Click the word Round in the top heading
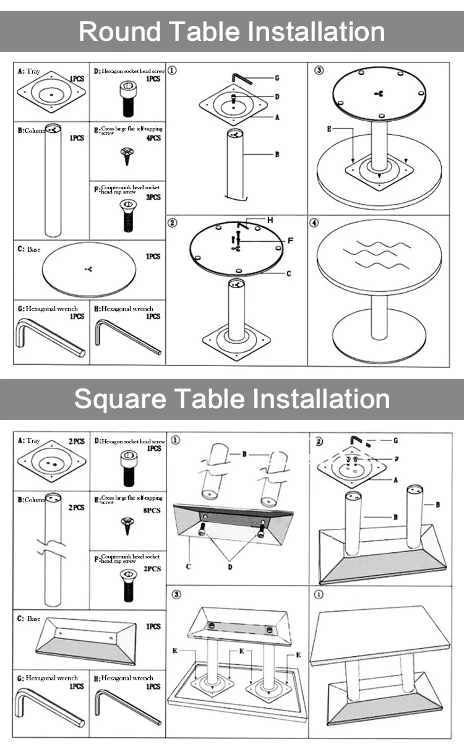tap(120, 31)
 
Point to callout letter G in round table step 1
tap(277, 78)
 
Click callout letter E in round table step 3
tap(329, 129)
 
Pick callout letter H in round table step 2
tap(270, 220)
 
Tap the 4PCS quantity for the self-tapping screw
tap(153, 138)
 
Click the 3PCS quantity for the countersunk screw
tap(153, 197)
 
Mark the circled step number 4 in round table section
tap(314, 223)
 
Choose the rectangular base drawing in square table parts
tap(86, 641)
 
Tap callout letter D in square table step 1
tap(230, 567)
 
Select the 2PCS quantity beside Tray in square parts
tap(77, 442)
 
